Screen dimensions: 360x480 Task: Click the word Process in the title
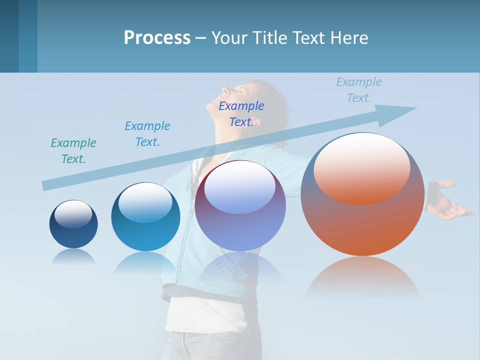pyautogui.click(x=157, y=38)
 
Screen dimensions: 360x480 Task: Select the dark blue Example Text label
pyautogui.click(x=241, y=114)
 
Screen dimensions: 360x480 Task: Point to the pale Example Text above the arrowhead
pyautogui.click(x=359, y=90)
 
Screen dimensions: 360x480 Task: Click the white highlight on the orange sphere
pyautogui.click(x=362, y=167)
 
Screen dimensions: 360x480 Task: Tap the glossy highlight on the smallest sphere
pyautogui.click(x=73, y=214)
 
